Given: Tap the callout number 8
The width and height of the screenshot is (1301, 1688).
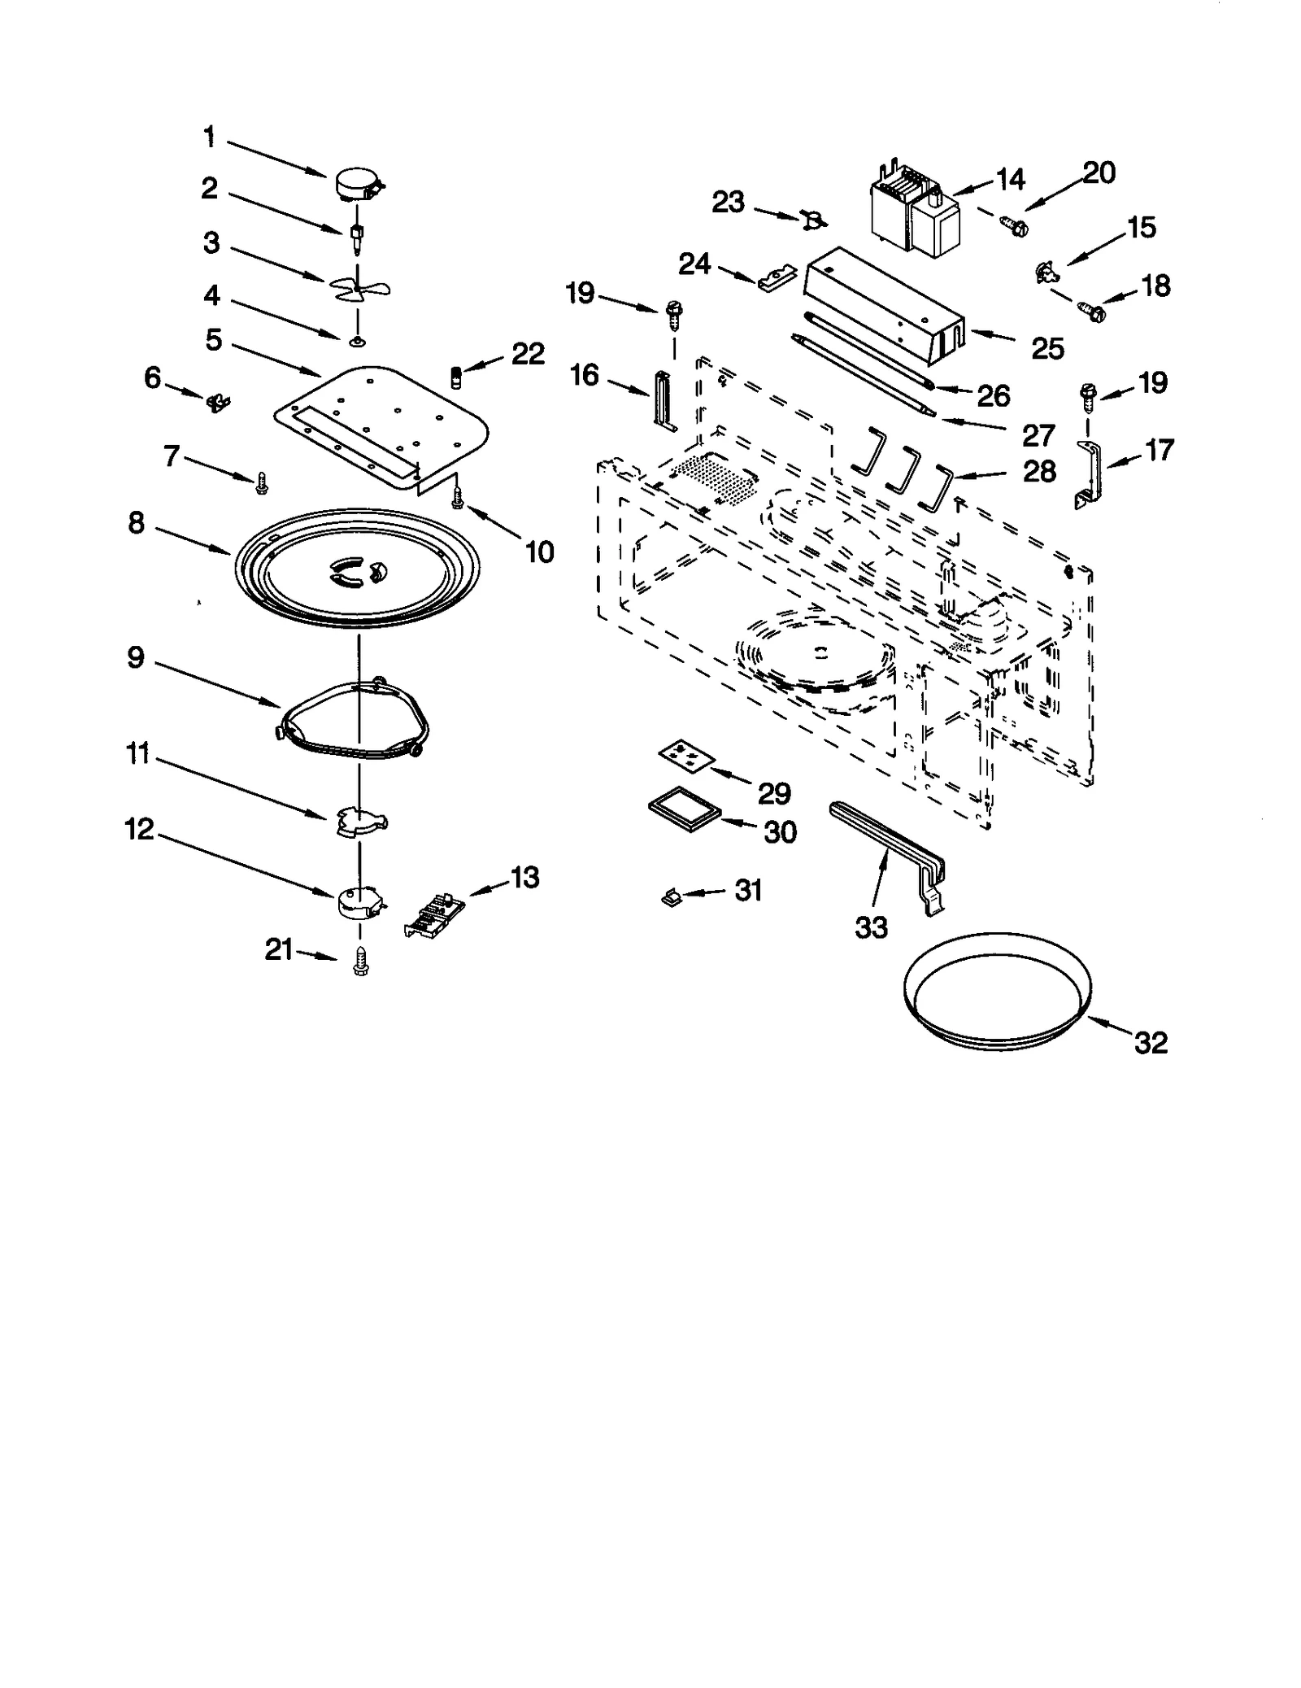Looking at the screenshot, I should click(x=137, y=523).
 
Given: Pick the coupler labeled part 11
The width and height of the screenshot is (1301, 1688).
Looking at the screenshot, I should click(x=361, y=822).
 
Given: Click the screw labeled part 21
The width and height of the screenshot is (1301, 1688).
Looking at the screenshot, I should click(x=361, y=962).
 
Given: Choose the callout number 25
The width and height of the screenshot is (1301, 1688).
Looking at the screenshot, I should click(x=1047, y=348).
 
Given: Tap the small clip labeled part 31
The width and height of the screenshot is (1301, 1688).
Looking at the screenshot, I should click(x=672, y=897).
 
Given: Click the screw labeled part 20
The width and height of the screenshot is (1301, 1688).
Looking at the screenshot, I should click(x=1014, y=226).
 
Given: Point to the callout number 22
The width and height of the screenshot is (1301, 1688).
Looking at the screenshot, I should click(x=528, y=354).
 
